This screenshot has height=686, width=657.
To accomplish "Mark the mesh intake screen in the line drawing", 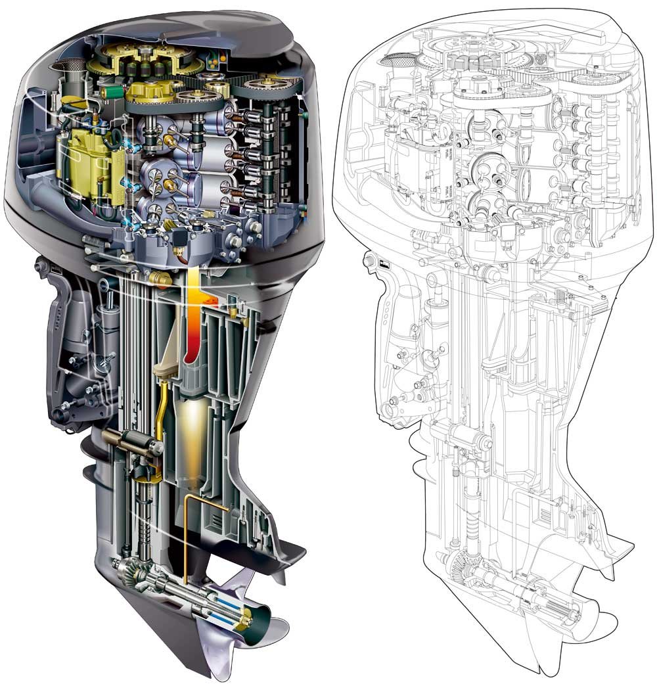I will (392, 60).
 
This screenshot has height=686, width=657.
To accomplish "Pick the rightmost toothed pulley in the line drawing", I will (595, 80).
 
